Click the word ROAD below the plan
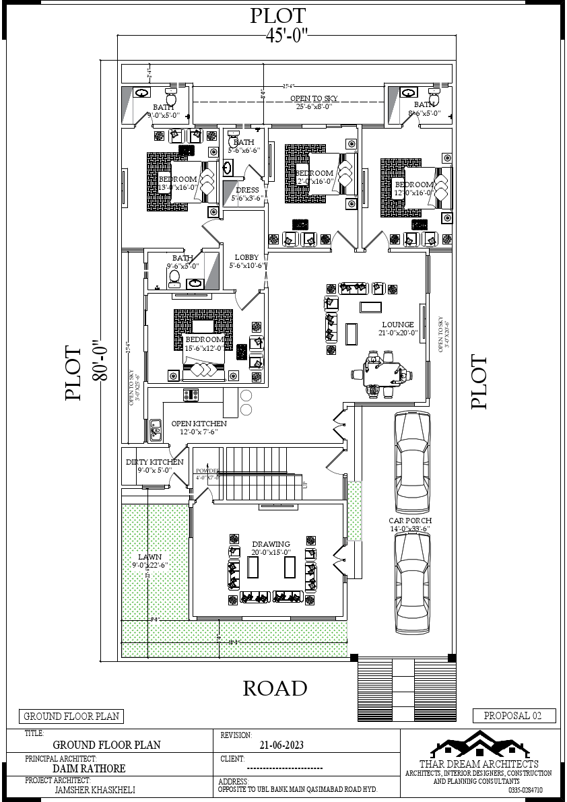tap(275, 688)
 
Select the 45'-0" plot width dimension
tap(286, 36)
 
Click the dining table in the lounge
tap(382, 372)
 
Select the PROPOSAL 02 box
tap(514, 716)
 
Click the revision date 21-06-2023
tap(281, 745)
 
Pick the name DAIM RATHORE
tap(89, 768)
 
